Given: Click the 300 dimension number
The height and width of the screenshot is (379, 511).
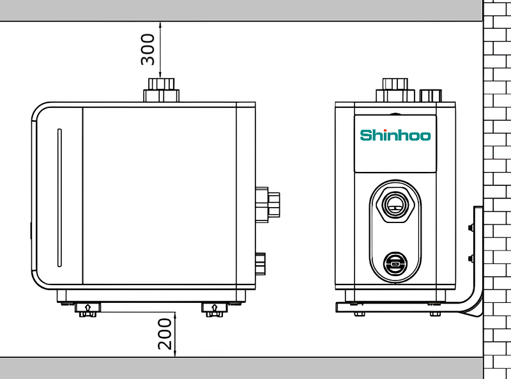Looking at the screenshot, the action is point(148,49).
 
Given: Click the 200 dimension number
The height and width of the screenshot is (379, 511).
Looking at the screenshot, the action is point(165,334).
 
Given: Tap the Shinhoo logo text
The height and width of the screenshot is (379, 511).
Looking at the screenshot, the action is point(395,135).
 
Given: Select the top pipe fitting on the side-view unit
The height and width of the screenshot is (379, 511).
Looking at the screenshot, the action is point(162,90).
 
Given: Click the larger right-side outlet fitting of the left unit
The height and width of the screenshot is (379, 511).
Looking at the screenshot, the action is point(268,205).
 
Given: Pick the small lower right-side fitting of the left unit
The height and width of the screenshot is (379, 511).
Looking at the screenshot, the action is point(261,263).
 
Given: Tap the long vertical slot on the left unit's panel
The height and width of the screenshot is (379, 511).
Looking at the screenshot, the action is point(59,197).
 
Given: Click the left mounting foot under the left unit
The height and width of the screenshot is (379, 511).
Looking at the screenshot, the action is point(88,309).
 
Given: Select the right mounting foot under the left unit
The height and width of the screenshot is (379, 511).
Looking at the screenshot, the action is point(214,309).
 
